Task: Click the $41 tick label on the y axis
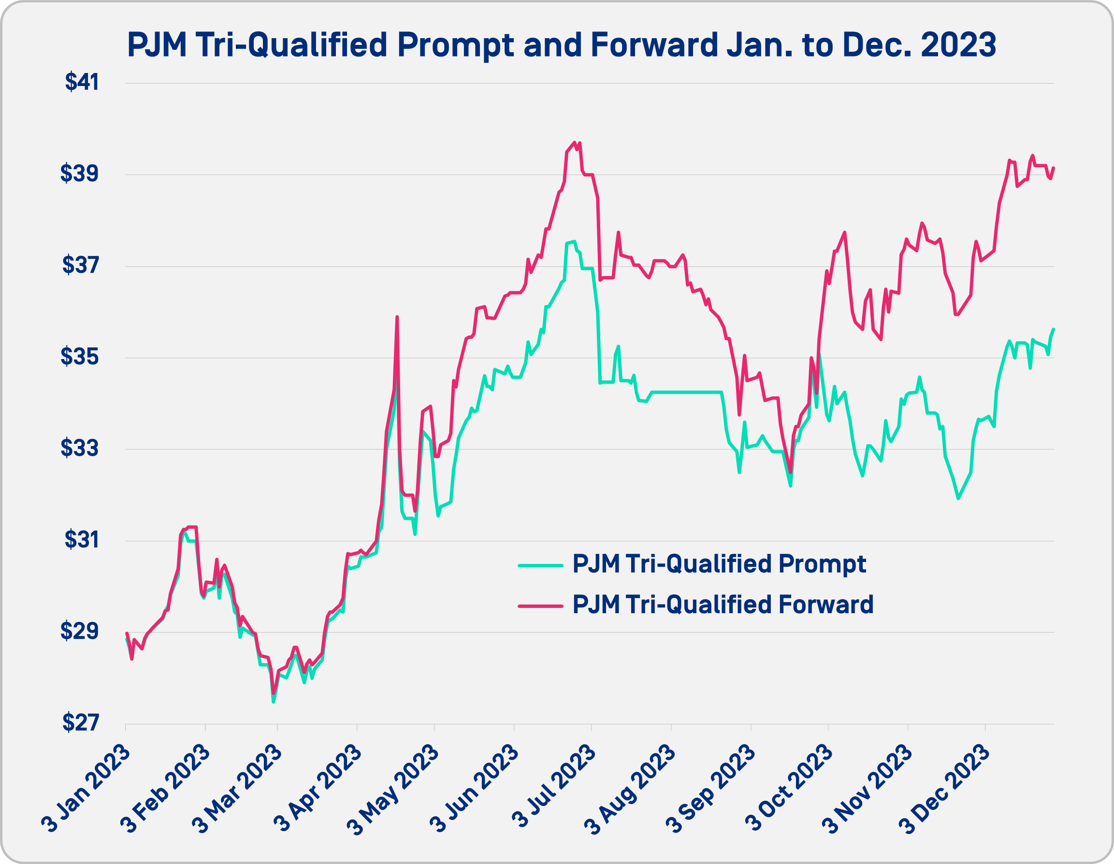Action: [x=82, y=83]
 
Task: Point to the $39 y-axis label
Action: [x=80, y=174]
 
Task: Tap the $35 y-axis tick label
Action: [x=80, y=358]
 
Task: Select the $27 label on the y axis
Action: [x=80, y=723]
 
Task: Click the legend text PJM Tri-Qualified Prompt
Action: [x=719, y=564]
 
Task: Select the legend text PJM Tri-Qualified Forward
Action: [x=723, y=605]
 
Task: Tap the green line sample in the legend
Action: [x=540, y=565]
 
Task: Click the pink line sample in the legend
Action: [x=540, y=606]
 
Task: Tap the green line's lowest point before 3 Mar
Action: [x=274, y=702]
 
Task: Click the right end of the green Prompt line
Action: [x=1054, y=329]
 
